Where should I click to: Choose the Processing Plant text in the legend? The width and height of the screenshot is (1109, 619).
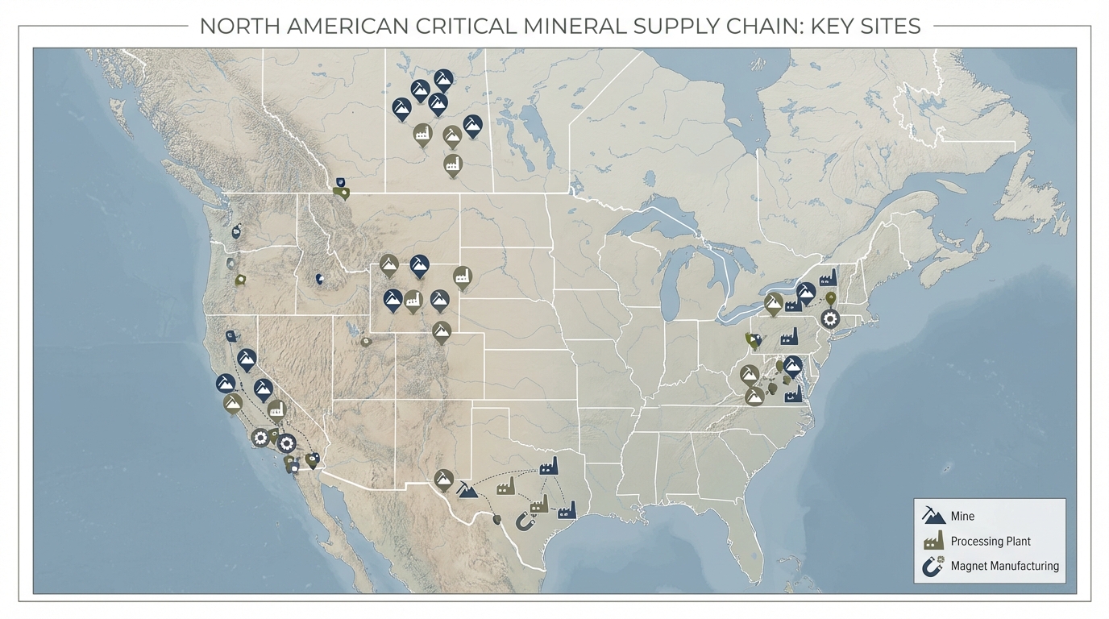click(x=991, y=542)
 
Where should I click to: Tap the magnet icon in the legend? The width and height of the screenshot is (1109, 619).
click(x=933, y=566)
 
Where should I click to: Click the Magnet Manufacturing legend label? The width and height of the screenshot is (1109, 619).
click(x=1004, y=566)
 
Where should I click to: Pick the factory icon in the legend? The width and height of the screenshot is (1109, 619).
click(x=933, y=541)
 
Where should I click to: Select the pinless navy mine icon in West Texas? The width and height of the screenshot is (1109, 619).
click(x=467, y=488)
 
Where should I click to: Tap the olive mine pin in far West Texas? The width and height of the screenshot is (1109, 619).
click(x=442, y=479)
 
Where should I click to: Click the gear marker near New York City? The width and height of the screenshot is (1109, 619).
click(x=829, y=319)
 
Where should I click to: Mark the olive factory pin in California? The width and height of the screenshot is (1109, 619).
click(x=276, y=409)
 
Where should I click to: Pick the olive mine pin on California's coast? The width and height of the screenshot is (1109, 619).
click(x=233, y=402)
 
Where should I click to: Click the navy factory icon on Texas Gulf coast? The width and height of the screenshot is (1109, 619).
click(x=567, y=509)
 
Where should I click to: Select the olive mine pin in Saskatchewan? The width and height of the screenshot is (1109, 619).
click(x=452, y=135)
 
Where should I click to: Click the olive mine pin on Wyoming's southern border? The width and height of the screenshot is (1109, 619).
click(x=441, y=330)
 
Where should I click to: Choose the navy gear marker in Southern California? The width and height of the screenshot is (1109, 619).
click(x=286, y=442)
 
